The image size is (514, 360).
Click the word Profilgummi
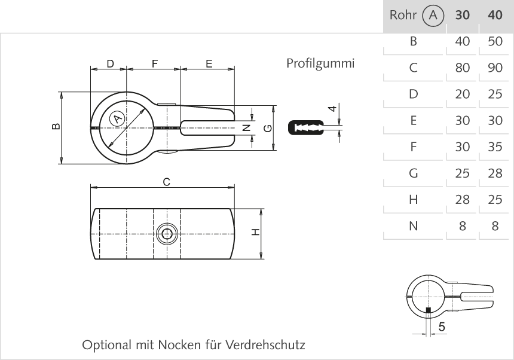click(x=320, y=63)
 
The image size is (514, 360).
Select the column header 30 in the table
click(x=462, y=16)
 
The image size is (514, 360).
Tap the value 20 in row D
click(x=462, y=94)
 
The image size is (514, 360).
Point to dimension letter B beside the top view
click(x=55, y=126)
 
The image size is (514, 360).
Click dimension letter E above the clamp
click(x=209, y=63)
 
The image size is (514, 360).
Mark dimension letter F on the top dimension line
click(x=154, y=63)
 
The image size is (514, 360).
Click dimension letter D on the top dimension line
click(x=110, y=63)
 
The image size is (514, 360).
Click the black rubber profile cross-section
click(x=306, y=127)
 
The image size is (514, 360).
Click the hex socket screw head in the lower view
click(x=167, y=234)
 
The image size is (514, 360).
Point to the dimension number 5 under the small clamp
click(x=441, y=327)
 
